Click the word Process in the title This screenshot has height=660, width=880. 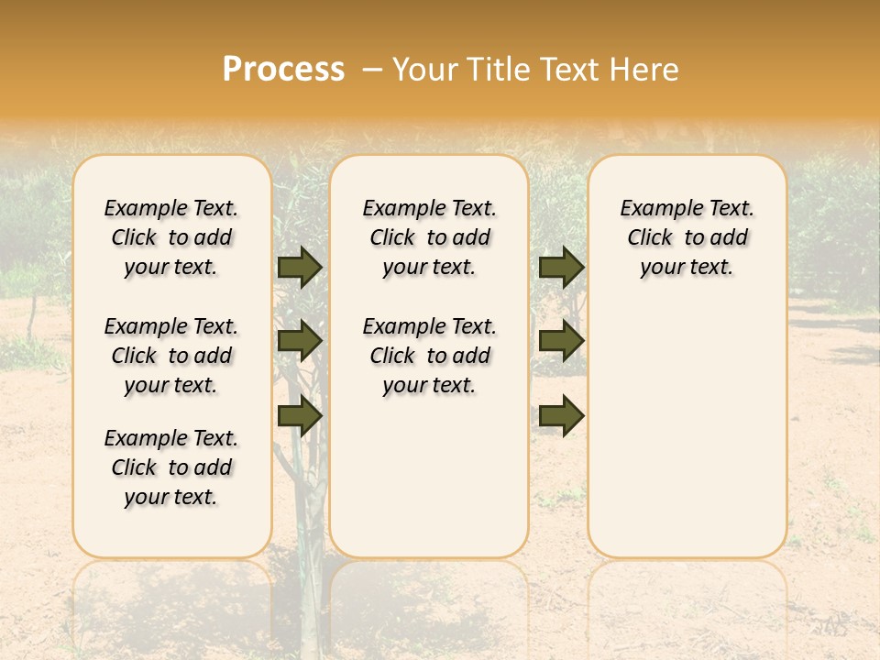(x=282, y=70)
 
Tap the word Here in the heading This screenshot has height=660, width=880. (x=645, y=70)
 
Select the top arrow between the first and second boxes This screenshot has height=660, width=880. (x=299, y=268)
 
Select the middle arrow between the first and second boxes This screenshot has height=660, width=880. (x=299, y=341)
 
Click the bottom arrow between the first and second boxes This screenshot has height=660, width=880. (x=299, y=416)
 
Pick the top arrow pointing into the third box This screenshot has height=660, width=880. (x=561, y=268)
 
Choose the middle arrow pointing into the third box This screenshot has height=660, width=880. (x=561, y=341)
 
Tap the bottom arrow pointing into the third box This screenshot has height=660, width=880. (x=561, y=416)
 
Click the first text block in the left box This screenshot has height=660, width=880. (x=171, y=237)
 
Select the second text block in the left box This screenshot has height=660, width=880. (x=171, y=356)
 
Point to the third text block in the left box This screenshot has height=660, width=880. (x=171, y=467)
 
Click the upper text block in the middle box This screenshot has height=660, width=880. (x=429, y=237)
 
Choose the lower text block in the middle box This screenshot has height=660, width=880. (x=429, y=356)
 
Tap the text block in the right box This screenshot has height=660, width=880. (x=687, y=237)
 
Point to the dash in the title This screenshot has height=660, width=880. (x=371, y=71)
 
